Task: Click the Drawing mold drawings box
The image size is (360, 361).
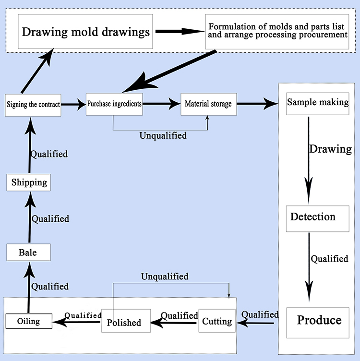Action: tap(85, 32)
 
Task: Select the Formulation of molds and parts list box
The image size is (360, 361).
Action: tap(277, 32)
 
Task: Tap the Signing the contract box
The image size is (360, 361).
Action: tap(33, 104)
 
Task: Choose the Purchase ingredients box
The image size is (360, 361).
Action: tap(114, 104)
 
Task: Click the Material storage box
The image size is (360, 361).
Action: tap(208, 104)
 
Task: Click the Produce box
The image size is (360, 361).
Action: tap(319, 320)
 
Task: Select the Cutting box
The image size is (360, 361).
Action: tap(217, 321)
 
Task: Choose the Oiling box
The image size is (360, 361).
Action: tap(28, 321)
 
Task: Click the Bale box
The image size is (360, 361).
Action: tap(28, 252)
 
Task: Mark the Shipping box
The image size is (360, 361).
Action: tap(29, 182)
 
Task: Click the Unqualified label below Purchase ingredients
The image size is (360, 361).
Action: tap(163, 136)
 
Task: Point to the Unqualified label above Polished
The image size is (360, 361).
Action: tap(165, 277)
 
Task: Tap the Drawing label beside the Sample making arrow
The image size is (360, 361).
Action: tap(330, 149)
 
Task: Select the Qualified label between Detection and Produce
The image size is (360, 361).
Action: tap(329, 259)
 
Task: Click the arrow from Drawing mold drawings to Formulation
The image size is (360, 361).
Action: tap(179, 32)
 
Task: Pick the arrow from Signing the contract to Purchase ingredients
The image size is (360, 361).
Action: tap(73, 104)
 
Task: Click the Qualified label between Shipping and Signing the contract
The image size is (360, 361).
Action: tap(49, 155)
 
